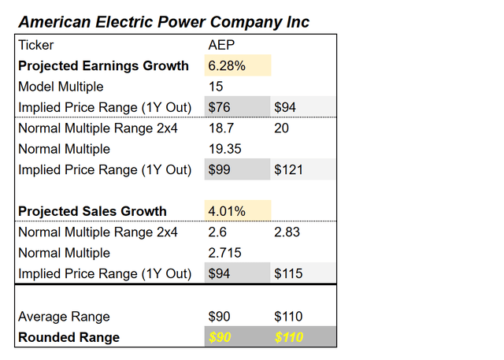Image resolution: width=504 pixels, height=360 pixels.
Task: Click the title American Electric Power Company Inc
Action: point(163,21)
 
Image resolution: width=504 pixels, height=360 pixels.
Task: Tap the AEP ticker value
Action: point(221,46)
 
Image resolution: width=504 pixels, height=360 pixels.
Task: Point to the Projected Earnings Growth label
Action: point(103,66)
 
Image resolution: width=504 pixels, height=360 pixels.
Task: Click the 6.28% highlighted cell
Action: point(227,66)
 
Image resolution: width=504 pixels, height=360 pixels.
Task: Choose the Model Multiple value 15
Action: point(215,87)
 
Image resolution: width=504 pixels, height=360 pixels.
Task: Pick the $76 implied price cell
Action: point(220,107)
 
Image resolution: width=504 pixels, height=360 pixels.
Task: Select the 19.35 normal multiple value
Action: point(224,148)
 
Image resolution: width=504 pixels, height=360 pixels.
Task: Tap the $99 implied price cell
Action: point(220,169)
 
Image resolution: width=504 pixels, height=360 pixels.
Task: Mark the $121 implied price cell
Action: point(288,169)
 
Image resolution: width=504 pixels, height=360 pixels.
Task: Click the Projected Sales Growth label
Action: point(92,211)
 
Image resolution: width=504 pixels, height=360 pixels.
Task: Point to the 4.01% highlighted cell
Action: point(227,211)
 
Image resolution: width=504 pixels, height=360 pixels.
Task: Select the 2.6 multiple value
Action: point(217,232)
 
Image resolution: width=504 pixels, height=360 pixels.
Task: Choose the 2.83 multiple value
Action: point(287,232)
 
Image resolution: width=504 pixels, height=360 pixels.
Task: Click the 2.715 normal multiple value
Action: point(224,253)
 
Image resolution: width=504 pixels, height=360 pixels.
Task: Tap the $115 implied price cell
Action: point(288,273)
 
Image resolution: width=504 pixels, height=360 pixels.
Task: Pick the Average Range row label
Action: point(64,317)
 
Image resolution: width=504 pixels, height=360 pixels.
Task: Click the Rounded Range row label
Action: point(69,337)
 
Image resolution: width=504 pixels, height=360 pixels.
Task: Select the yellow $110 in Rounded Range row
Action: point(288,337)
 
